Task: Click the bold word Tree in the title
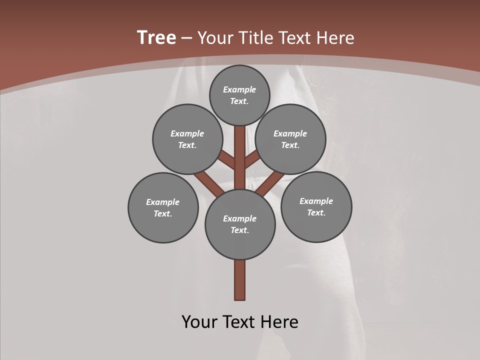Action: (156, 37)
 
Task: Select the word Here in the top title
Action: (335, 38)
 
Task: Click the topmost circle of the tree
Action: (239, 95)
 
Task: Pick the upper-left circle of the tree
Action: (187, 139)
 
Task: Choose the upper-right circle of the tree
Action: (290, 139)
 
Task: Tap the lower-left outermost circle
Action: (163, 207)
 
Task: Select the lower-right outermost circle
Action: (316, 206)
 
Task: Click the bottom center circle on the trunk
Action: (240, 224)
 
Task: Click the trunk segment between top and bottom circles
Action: (240, 165)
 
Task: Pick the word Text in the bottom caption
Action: (238, 322)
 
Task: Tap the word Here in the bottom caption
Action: (279, 322)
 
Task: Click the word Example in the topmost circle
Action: (239, 89)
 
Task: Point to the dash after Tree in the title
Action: (186, 38)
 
